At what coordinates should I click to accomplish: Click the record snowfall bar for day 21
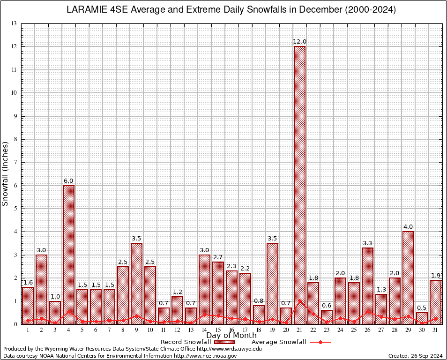click(x=299, y=185)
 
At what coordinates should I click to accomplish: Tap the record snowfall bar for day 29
click(x=408, y=277)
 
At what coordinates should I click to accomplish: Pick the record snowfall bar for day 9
click(x=136, y=283)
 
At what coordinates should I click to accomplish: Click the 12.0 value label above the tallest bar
click(x=299, y=42)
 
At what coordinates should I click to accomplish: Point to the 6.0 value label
click(x=68, y=181)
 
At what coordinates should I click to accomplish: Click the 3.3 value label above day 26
click(x=367, y=243)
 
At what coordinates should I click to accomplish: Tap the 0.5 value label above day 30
click(x=422, y=308)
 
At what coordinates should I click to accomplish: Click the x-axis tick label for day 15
click(x=218, y=330)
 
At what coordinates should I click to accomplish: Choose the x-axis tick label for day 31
click(x=435, y=330)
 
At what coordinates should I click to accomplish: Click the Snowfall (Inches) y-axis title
click(x=6, y=173)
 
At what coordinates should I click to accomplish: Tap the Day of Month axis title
click(x=231, y=336)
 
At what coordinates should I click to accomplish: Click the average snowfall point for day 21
click(x=299, y=301)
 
